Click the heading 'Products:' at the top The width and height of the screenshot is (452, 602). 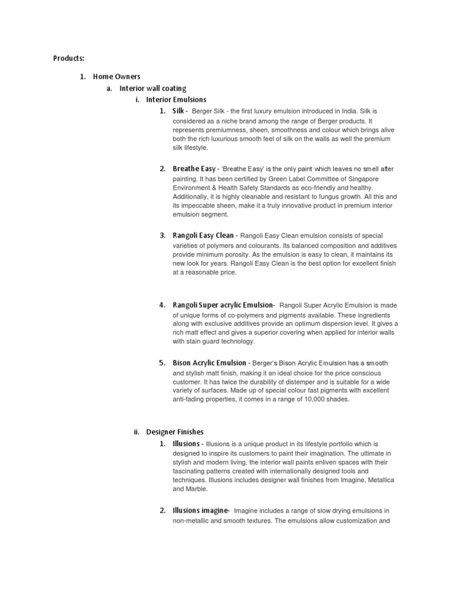[69, 58]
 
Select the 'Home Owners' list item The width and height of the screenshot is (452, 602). [117, 76]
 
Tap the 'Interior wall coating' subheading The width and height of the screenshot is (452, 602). [152, 88]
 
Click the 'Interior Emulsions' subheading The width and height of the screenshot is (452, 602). [176, 100]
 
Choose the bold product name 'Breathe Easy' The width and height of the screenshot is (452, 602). [194, 169]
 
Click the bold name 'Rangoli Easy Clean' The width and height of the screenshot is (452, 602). [202, 236]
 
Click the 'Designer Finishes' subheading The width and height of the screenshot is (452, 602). [175, 432]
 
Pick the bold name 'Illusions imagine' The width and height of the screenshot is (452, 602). [199, 510]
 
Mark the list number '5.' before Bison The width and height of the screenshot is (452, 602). [162, 363]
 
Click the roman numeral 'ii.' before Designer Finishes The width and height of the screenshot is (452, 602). [137, 432]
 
